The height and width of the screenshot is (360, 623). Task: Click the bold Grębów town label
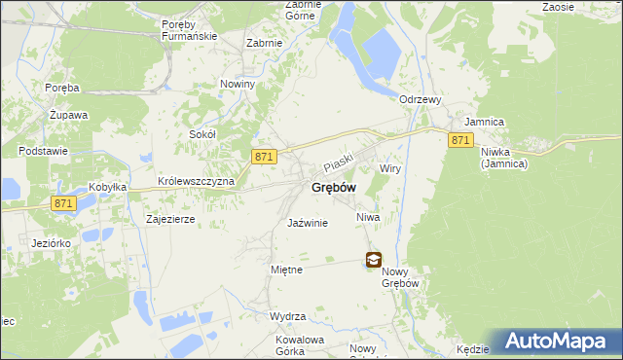click(333, 187)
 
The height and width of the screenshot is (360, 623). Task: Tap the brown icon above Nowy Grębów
click(374, 260)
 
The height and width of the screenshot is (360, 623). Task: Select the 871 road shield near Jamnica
click(461, 141)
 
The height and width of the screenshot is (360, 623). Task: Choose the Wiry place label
click(390, 168)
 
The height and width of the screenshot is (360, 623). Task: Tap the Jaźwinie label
click(308, 223)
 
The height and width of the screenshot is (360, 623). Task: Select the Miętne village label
click(286, 269)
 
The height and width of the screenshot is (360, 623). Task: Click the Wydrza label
click(289, 317)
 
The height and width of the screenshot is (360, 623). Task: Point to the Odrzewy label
click(421, 99)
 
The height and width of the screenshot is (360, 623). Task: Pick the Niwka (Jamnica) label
click(503, 158)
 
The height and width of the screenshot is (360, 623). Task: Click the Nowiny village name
click(238, 84)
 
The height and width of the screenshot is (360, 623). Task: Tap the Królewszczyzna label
click(197, 183)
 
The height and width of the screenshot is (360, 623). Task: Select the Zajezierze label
click(170, 220)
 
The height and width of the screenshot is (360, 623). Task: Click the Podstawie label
click(42, 151)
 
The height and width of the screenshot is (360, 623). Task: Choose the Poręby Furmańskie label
click(187, 30)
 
